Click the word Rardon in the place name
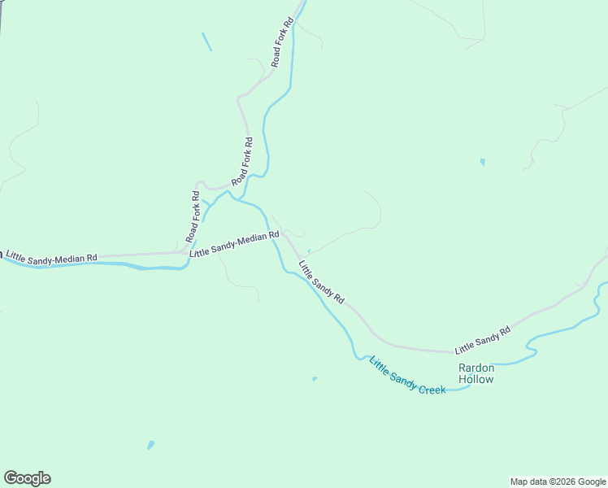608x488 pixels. (x=476, y=368)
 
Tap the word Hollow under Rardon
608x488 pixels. (x=476, y=379)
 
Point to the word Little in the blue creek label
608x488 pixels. (x=379, y=364)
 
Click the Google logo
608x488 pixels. (x=27, y=478)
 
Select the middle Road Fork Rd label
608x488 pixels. (x=242, y=161)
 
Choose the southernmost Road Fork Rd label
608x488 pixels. (x=193, y=216)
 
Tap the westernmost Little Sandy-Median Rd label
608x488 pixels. (x=51, y=257)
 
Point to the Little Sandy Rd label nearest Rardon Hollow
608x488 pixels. (x=482, y=339)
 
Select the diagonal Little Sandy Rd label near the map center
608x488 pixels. (x=321, y=282)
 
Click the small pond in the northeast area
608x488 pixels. (x=482, y=162)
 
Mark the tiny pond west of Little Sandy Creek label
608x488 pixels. (x=315, y=378)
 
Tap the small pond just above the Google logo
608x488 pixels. (x=150, y=445)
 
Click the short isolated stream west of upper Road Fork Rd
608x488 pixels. (x=206, y=41)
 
